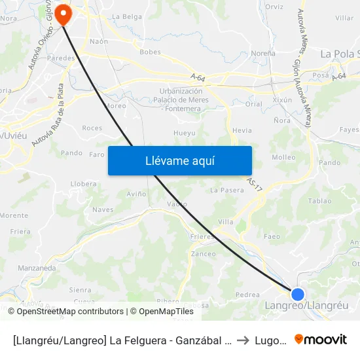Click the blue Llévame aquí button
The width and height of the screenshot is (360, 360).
(179, 160)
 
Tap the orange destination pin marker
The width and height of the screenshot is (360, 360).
(63, 14)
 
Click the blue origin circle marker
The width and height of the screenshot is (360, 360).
(298, 295)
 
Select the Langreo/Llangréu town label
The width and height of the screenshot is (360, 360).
(306, 306)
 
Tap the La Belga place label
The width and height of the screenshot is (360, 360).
(126, 16)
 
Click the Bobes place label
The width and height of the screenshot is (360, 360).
(150, 52)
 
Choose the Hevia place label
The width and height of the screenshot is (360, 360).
(242, 131)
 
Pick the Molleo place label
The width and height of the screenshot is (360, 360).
(283, 157)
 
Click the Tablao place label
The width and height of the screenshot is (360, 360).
(319, 201)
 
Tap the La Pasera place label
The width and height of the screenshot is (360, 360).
(226, 190)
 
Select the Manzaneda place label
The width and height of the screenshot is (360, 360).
(37, 268)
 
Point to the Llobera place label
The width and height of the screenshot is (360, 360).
(83, 184)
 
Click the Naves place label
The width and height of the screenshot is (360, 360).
(103, 210)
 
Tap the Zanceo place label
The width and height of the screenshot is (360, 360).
(203, 254)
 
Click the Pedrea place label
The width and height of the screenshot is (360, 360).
(247, 295)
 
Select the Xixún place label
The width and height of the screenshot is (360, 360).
(282, 100)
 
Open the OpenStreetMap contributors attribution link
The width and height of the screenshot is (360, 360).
(70, 312)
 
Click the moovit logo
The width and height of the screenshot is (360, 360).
(321, 339)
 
